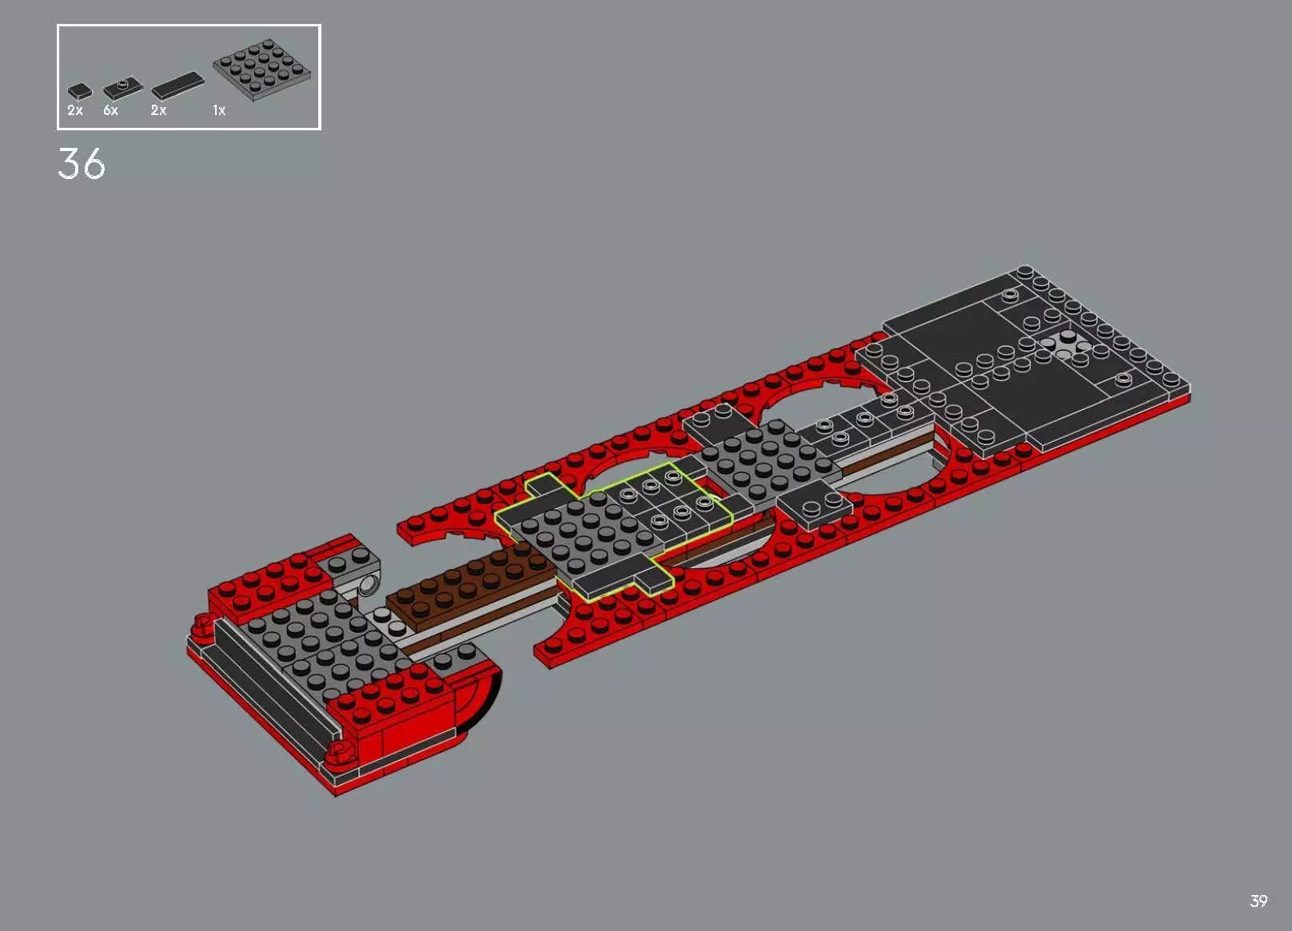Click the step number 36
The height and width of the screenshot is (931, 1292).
pyautogui.click(x=82, y=164)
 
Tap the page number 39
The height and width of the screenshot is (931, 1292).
pyautogui.click(x=1258, y=901)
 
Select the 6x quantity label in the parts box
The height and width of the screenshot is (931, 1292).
pyautogui.click(x=110, y=110)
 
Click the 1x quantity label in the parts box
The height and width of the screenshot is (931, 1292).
pyautogui.click(x=219, y=110)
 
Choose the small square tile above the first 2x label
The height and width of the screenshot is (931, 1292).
pyautogui.click(x=79, y=90)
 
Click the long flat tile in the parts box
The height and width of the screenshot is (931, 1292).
pyautogui.click(x=177, y=84)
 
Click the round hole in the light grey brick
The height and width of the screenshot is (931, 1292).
pyautogui.click(x=369, y=584)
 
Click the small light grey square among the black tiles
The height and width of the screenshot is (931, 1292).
pyautogui.click(x=1065, y=343)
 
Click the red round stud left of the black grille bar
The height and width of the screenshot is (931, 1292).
pyautogui.click(x=201, y=624)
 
